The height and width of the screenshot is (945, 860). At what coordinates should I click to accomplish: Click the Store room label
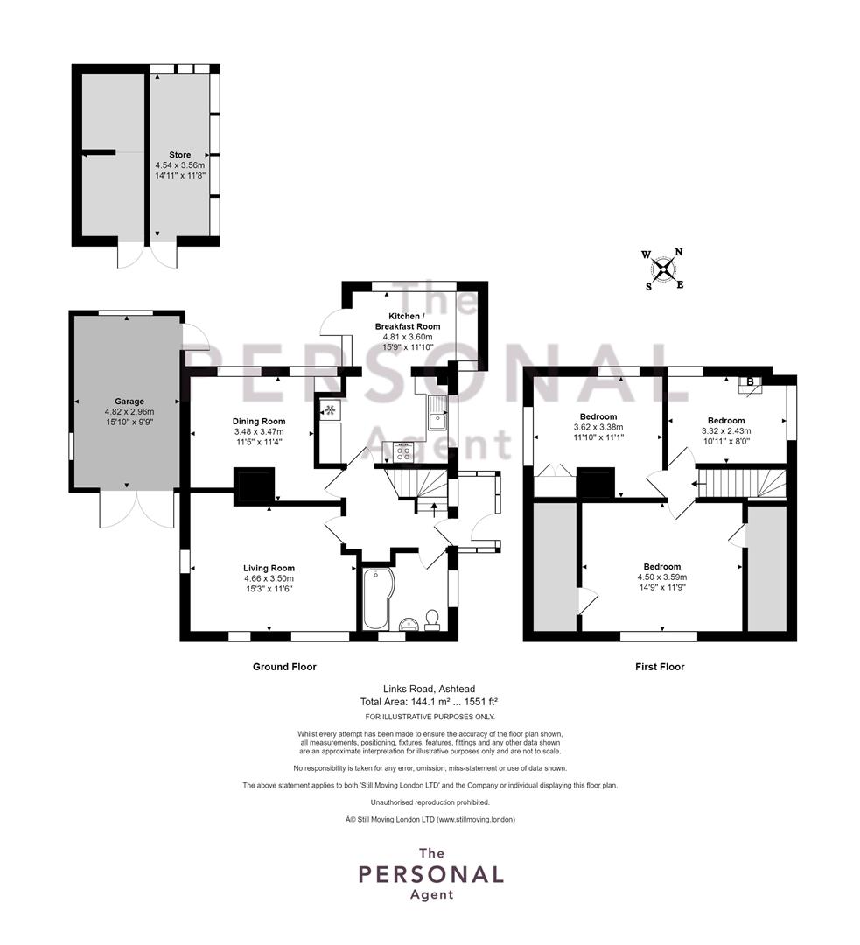pyautogui.click(x=179, y=155)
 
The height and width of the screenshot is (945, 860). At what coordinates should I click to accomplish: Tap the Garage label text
pyautogui.click(x=129, y=402)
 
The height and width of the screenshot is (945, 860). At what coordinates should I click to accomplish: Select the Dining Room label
pyautogui.click(x=259, y=421)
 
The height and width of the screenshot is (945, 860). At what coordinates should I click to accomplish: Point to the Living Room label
pyautogui.click(x=269, y=568)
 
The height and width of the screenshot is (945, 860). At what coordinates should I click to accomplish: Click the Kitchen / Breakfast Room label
pyautogui.click(x=408, y=321)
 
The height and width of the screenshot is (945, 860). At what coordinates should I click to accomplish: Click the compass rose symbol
pyautogui.click(x=663, y=269)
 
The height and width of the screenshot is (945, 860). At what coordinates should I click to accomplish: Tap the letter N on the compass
pyautogui.click(x=678, y=253)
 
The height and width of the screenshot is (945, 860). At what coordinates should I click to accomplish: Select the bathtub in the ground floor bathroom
pyautogui.click(x=378, y=598)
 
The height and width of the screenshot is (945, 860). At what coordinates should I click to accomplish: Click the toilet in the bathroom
pyautogui.click(x=432, y=620)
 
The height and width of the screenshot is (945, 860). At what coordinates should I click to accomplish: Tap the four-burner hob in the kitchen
pyautogui.click(x=403, y=452)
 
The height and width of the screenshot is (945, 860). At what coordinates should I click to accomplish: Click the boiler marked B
pyautogui.click(x=750, y=384)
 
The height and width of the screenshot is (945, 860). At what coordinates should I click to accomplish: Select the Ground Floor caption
pyautogui.click(x=284, y=667)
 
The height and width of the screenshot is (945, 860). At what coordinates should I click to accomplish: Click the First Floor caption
pyautogui.click(x=660, y=667)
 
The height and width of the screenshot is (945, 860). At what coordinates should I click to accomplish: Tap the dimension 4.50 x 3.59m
pyautogui.click(x=662, y=577)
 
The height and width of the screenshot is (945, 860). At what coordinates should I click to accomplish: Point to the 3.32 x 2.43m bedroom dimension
pyautogui.click(x=726, y=430)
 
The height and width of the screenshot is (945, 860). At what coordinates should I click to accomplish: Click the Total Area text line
pyautogui.click(x=429, y=702)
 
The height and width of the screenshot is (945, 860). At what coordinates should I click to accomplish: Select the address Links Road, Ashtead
pyautogui.click(x=429, y=689)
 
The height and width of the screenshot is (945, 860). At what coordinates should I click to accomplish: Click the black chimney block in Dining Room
pyautogui.click(x=255, y=486)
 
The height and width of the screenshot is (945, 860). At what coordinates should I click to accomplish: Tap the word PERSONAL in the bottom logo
pyautogui.click(x=431, y=874)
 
